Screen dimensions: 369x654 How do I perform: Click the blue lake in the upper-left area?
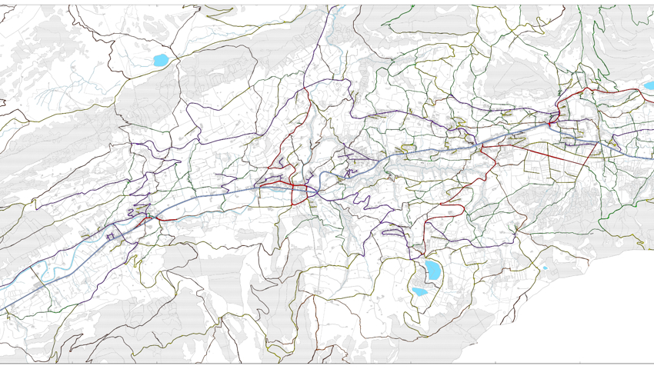tap(161, 60)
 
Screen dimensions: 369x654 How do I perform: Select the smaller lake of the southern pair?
tap(419, 292)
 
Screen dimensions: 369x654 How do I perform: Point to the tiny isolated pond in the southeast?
tap(546, 268)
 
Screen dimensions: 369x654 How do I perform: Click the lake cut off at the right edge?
tap(649, 86)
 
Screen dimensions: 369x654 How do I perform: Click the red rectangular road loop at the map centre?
tap(281, 186)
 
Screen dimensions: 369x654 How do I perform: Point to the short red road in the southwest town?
tap(164, 220)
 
